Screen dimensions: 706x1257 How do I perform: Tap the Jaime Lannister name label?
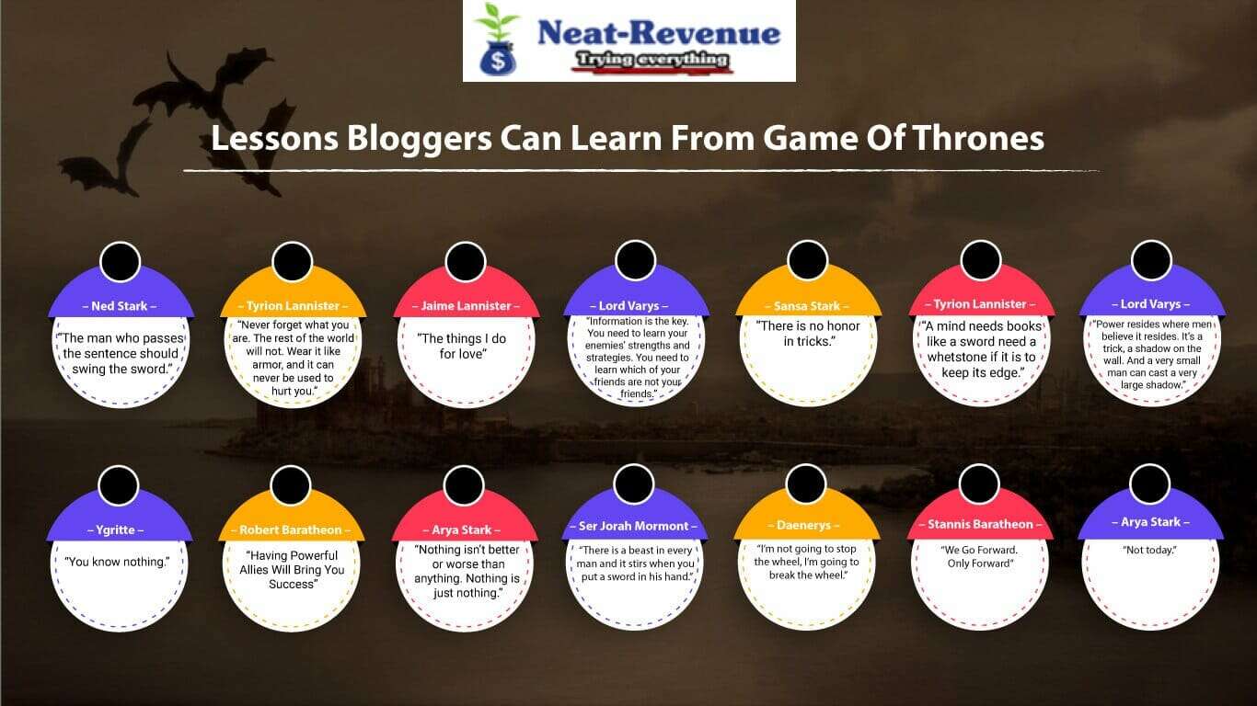click(465, 305)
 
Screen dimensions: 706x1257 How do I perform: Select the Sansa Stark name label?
click(807, 305)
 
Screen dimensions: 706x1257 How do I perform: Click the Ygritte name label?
click(120, 529)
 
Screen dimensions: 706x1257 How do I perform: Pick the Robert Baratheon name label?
click(291, 529)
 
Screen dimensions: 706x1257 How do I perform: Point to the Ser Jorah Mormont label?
click(634, 526)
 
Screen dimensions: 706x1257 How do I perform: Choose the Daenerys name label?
click(805, 525)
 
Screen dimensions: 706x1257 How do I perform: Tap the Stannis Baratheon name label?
click(978, 524)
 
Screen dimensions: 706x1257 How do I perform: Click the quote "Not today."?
click(1149, 550)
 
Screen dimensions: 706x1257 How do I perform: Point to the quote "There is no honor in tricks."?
click(808, 334)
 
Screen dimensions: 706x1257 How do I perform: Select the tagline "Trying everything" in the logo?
click(652, 61)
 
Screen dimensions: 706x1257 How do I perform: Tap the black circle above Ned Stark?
click(120, 262)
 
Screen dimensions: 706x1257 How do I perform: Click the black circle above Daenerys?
click(806, 484)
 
